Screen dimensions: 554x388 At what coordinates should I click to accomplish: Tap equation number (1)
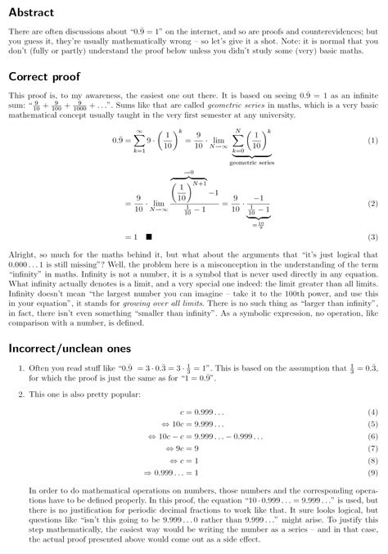[372, 140]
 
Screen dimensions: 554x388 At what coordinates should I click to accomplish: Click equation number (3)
[372, 237]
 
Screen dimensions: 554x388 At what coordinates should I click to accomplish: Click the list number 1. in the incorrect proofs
[21, 369]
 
